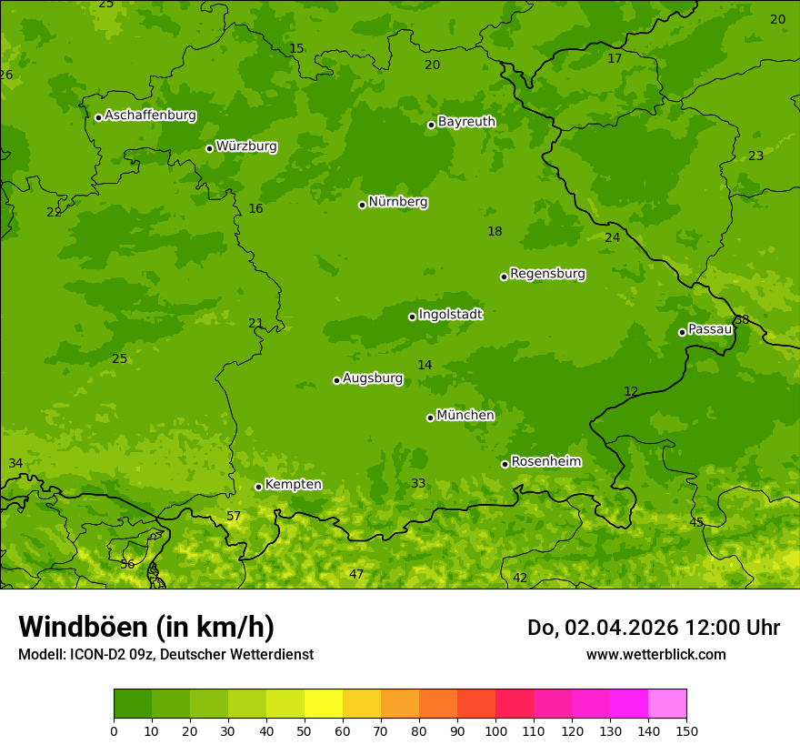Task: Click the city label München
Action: [465, 416]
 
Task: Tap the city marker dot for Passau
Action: [682, 332]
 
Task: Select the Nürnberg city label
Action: [398, 202]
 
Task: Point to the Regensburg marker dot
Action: [504, 277]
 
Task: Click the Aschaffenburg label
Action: [150, 116]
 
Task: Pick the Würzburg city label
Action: [246, 146]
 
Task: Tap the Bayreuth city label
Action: [466, 122]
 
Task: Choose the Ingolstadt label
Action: [450, 315]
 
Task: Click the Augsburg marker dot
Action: [336, 380]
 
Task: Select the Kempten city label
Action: [293, 485]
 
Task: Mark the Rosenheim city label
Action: [545, 462]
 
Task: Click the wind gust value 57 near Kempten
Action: [234, 517]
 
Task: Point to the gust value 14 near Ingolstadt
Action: [425, 366]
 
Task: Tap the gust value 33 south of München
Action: [418, 484]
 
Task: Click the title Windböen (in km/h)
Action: [146, 627]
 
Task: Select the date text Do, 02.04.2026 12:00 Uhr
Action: [653, 628]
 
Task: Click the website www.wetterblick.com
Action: [655, 655]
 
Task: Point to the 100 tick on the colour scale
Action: [495, 730]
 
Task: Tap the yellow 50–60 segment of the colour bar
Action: [324, 703]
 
